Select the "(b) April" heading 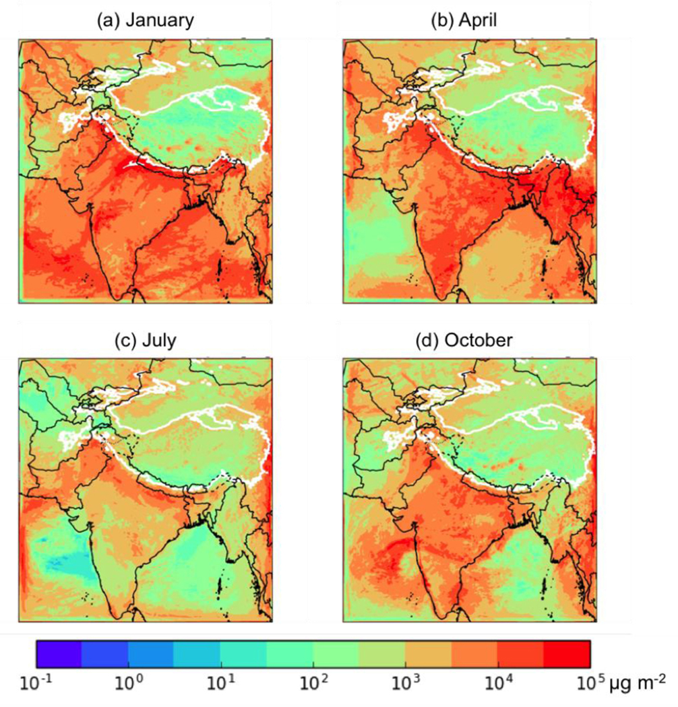(468, 21)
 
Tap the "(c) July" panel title (145, 341)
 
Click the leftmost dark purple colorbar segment (59, 653)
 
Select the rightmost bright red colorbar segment (567, 653)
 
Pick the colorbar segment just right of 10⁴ (520, 653)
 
